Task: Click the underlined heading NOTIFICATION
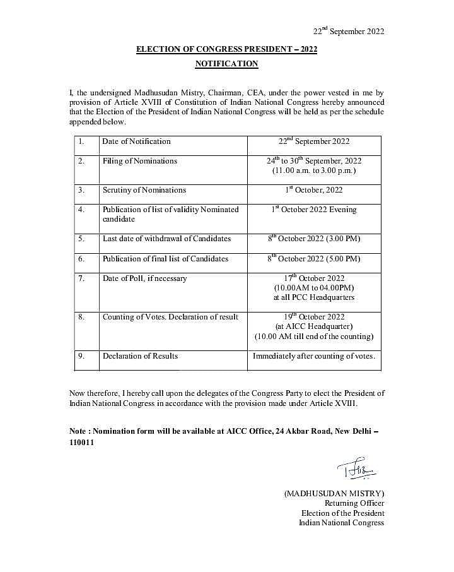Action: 226,64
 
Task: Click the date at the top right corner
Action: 349,32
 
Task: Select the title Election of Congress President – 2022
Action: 226,50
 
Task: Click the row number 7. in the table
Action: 81,278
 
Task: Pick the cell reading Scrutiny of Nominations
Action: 144,190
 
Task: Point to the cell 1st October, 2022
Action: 314,190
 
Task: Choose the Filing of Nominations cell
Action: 140,161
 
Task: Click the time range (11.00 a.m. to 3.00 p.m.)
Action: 314,171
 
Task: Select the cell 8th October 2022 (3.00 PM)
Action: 314,239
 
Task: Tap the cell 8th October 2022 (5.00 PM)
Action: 314,259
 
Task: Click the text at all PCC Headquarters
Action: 314,297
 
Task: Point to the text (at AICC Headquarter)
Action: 314,326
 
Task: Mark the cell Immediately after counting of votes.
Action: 314,356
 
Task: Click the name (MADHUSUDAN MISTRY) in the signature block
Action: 334,493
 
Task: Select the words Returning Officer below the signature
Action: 354,503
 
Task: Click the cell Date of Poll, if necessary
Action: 145,278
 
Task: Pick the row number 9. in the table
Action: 81,356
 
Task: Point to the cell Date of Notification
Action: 137,141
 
